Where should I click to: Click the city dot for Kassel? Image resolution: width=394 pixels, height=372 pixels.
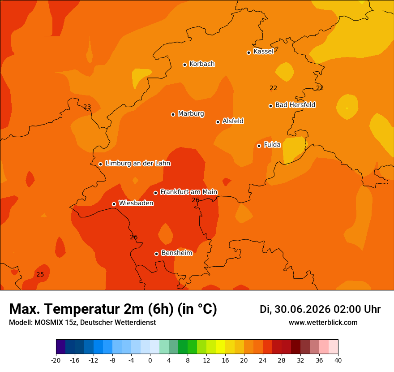tap(248, 52)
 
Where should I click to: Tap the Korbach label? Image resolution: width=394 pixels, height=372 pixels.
tap(202, 64)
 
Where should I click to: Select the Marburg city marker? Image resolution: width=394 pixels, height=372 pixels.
tap(173, 114)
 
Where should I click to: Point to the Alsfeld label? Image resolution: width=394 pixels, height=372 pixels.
tap(233, 121)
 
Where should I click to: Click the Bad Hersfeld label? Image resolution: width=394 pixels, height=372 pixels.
tap(295, 104)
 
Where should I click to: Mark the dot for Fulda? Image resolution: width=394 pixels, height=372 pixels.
tap(259, 146)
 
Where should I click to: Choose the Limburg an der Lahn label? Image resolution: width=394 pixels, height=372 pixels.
tap(138, 163)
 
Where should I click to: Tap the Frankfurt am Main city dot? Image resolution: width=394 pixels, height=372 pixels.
tap(155, 193)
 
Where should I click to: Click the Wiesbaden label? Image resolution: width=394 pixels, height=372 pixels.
tap(136, 203)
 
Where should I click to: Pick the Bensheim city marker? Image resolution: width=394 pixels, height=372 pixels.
tap(156, 254)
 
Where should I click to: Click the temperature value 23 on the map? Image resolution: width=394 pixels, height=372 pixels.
tap(87, 107)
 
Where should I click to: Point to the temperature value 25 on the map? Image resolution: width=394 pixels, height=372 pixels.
tap(40, 274)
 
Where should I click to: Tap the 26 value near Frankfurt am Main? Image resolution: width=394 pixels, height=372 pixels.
tap(196, 200)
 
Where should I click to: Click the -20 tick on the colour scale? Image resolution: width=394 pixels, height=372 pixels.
tap(56, 360)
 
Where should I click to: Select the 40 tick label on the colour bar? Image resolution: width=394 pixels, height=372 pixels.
tap(338, 360)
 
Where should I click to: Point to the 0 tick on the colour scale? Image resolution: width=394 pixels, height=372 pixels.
tap(150, 360)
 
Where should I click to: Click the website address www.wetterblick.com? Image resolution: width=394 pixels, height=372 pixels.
tap(323, 322)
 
